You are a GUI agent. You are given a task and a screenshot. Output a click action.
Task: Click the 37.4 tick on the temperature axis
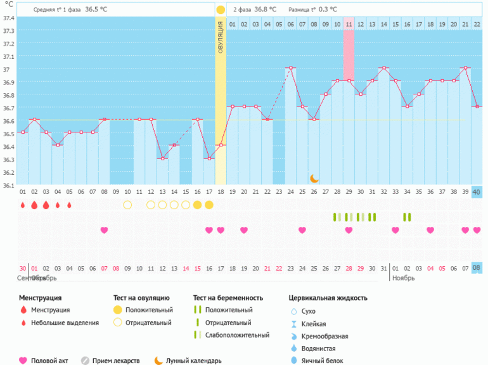(x=8, y=18)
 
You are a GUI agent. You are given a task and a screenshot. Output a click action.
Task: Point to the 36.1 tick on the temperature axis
(x=8, y=186)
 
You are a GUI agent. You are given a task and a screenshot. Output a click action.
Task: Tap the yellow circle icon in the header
(x=221, y=10)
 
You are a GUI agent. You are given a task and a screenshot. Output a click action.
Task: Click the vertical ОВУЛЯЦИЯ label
(x=221, y=38)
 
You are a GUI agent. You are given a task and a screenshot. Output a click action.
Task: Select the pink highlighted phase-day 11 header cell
(x=349, y=24)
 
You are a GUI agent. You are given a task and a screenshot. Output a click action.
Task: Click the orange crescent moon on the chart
(x=314, y=179)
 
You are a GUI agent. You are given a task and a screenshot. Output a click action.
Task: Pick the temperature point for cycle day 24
(x=290, y=68)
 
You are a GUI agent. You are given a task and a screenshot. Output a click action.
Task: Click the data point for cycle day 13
(x=162, y=158)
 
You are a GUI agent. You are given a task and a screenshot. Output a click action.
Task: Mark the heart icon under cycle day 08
(x=104, y=230)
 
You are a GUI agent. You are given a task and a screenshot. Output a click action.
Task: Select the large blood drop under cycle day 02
(x=34, y=205)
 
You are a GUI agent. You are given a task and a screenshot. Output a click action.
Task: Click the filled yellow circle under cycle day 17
(x=209, y=205)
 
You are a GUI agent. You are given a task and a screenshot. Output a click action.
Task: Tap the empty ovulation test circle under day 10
(x=127, y=205)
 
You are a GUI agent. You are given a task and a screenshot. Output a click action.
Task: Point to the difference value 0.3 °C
(x=328, y=10)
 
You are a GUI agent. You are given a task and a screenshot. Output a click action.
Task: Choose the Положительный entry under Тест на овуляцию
(x=149, y=310)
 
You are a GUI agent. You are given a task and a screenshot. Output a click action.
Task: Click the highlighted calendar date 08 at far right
(x=477, y=268)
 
